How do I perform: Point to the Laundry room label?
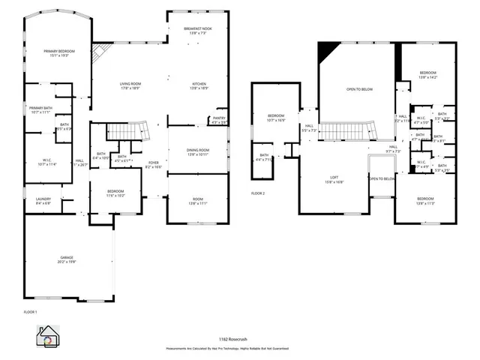[43, 200]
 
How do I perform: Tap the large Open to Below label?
[359, 90]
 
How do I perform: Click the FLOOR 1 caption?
[31, 310]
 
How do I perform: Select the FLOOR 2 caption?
[258, 193]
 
